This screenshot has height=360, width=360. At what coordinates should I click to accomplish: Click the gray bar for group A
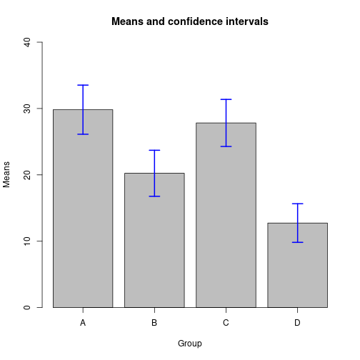point(83,209)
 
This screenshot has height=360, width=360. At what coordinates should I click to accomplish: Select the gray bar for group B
point(154,240)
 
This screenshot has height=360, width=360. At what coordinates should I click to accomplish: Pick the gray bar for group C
point(226,215)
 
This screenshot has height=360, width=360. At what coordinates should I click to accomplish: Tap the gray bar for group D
point(297,265)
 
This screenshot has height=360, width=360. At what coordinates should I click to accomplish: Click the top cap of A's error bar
point(83,85)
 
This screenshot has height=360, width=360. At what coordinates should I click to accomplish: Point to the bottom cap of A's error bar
point(83,134)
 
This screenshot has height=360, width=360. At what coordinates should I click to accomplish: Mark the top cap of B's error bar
point(154,150)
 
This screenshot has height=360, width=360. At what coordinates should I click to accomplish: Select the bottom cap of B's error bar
point(154,196)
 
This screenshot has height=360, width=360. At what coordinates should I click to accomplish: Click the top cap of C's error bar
point(226,99)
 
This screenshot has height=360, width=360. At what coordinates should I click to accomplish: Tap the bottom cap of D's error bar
point(298,242)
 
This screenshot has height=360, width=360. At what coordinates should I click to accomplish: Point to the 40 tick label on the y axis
point(27,42)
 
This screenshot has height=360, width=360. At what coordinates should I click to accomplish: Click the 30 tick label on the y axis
point(27,109)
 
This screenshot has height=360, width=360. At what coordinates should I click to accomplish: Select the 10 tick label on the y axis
point(27,241)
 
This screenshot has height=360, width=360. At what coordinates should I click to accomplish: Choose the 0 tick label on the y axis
point(27,307)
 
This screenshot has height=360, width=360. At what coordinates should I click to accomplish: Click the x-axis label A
point(83,323)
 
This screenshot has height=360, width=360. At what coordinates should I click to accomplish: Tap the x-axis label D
point(297,323)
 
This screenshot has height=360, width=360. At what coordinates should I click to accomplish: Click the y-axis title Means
point(6,174)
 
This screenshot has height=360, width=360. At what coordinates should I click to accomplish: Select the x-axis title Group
point(190,344)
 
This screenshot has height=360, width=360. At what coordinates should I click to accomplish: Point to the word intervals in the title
point(247,21)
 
